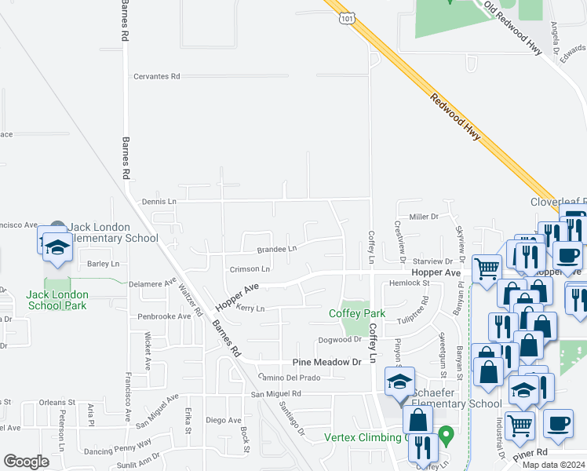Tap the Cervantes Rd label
(x=157, y=76)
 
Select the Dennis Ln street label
(x=159, y=202)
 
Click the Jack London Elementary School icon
(x=57, y=246)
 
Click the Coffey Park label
(x=356, y=313)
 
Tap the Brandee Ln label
(x=277, y=249)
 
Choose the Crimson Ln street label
(x=250, y=269)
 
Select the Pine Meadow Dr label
(x=326, y=362)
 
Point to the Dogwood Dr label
(x=339, y=340)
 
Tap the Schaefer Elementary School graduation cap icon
(x=399, y=382)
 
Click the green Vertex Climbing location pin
(x=447, y=433)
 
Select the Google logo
(x=26, y=462)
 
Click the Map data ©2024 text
(x=552, y=465)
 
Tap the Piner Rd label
(x=530, y=454)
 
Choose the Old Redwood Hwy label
(x=514, y=28)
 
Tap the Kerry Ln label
(x=250, y=309)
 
